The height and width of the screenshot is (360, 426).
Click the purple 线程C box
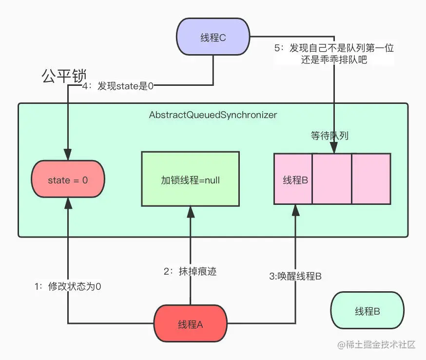click(213, 37)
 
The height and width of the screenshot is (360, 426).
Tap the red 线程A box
click(190, 324)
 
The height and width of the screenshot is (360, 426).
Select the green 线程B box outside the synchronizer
click(367, 311)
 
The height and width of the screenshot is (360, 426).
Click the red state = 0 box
click(68, 180)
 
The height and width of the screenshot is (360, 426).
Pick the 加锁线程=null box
click(190, 179)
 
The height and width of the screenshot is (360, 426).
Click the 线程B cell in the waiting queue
click(293, 179)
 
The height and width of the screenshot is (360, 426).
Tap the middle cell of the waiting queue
click(332, 179)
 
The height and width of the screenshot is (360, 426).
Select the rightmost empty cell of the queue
click(371, 179)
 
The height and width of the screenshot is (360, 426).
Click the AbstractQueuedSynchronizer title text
click(213, 115)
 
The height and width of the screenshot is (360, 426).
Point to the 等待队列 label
click(329, 136)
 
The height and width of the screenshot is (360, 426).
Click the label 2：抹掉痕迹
click(190, 272)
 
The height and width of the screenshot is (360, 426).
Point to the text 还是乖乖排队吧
click(334, 60)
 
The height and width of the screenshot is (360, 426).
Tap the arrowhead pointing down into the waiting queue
click(334, 149)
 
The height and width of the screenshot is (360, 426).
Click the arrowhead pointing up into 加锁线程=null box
click(190, 210)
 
